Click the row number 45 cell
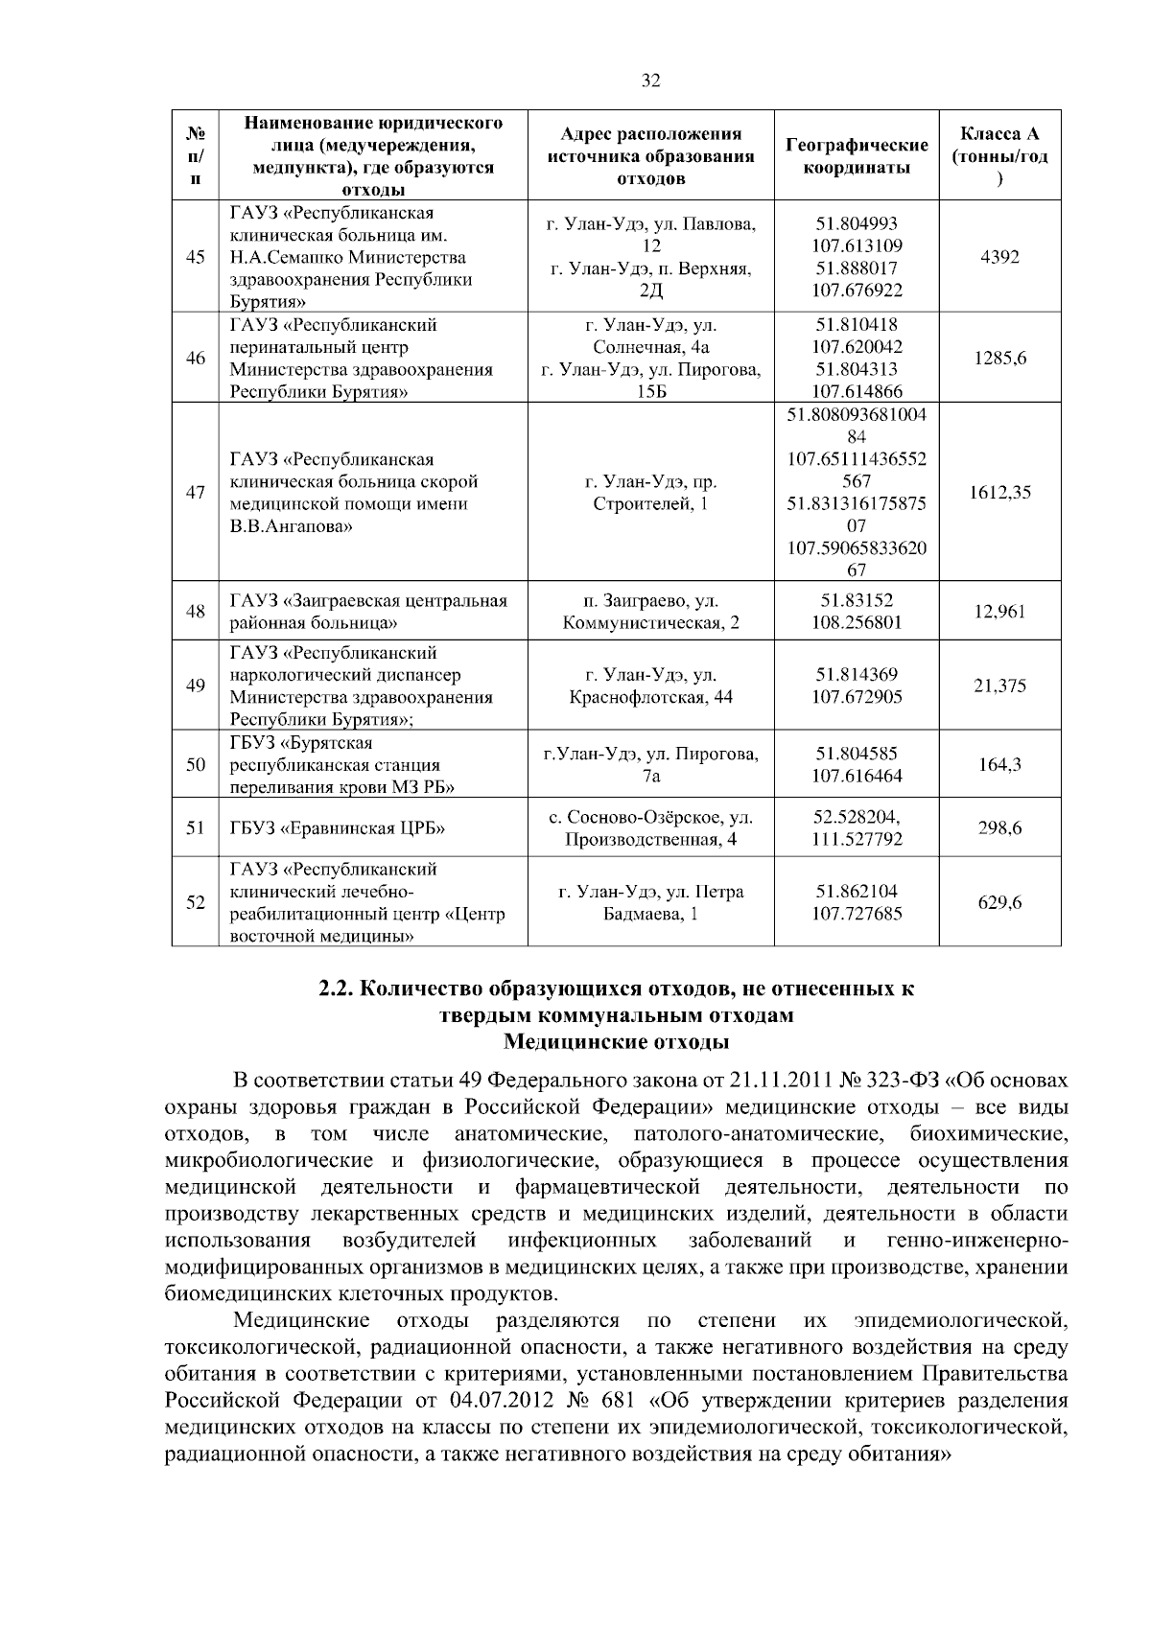[x=196, y=257]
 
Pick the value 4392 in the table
[x=999, y=257]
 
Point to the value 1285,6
[x=999, y=359]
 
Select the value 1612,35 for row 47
[x=999, y=493]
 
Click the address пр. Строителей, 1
[x=650, y=493]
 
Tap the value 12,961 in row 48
[x=999, y=612]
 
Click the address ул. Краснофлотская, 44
[x=650, y=686]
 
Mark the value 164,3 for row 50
[x=999, y=765]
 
